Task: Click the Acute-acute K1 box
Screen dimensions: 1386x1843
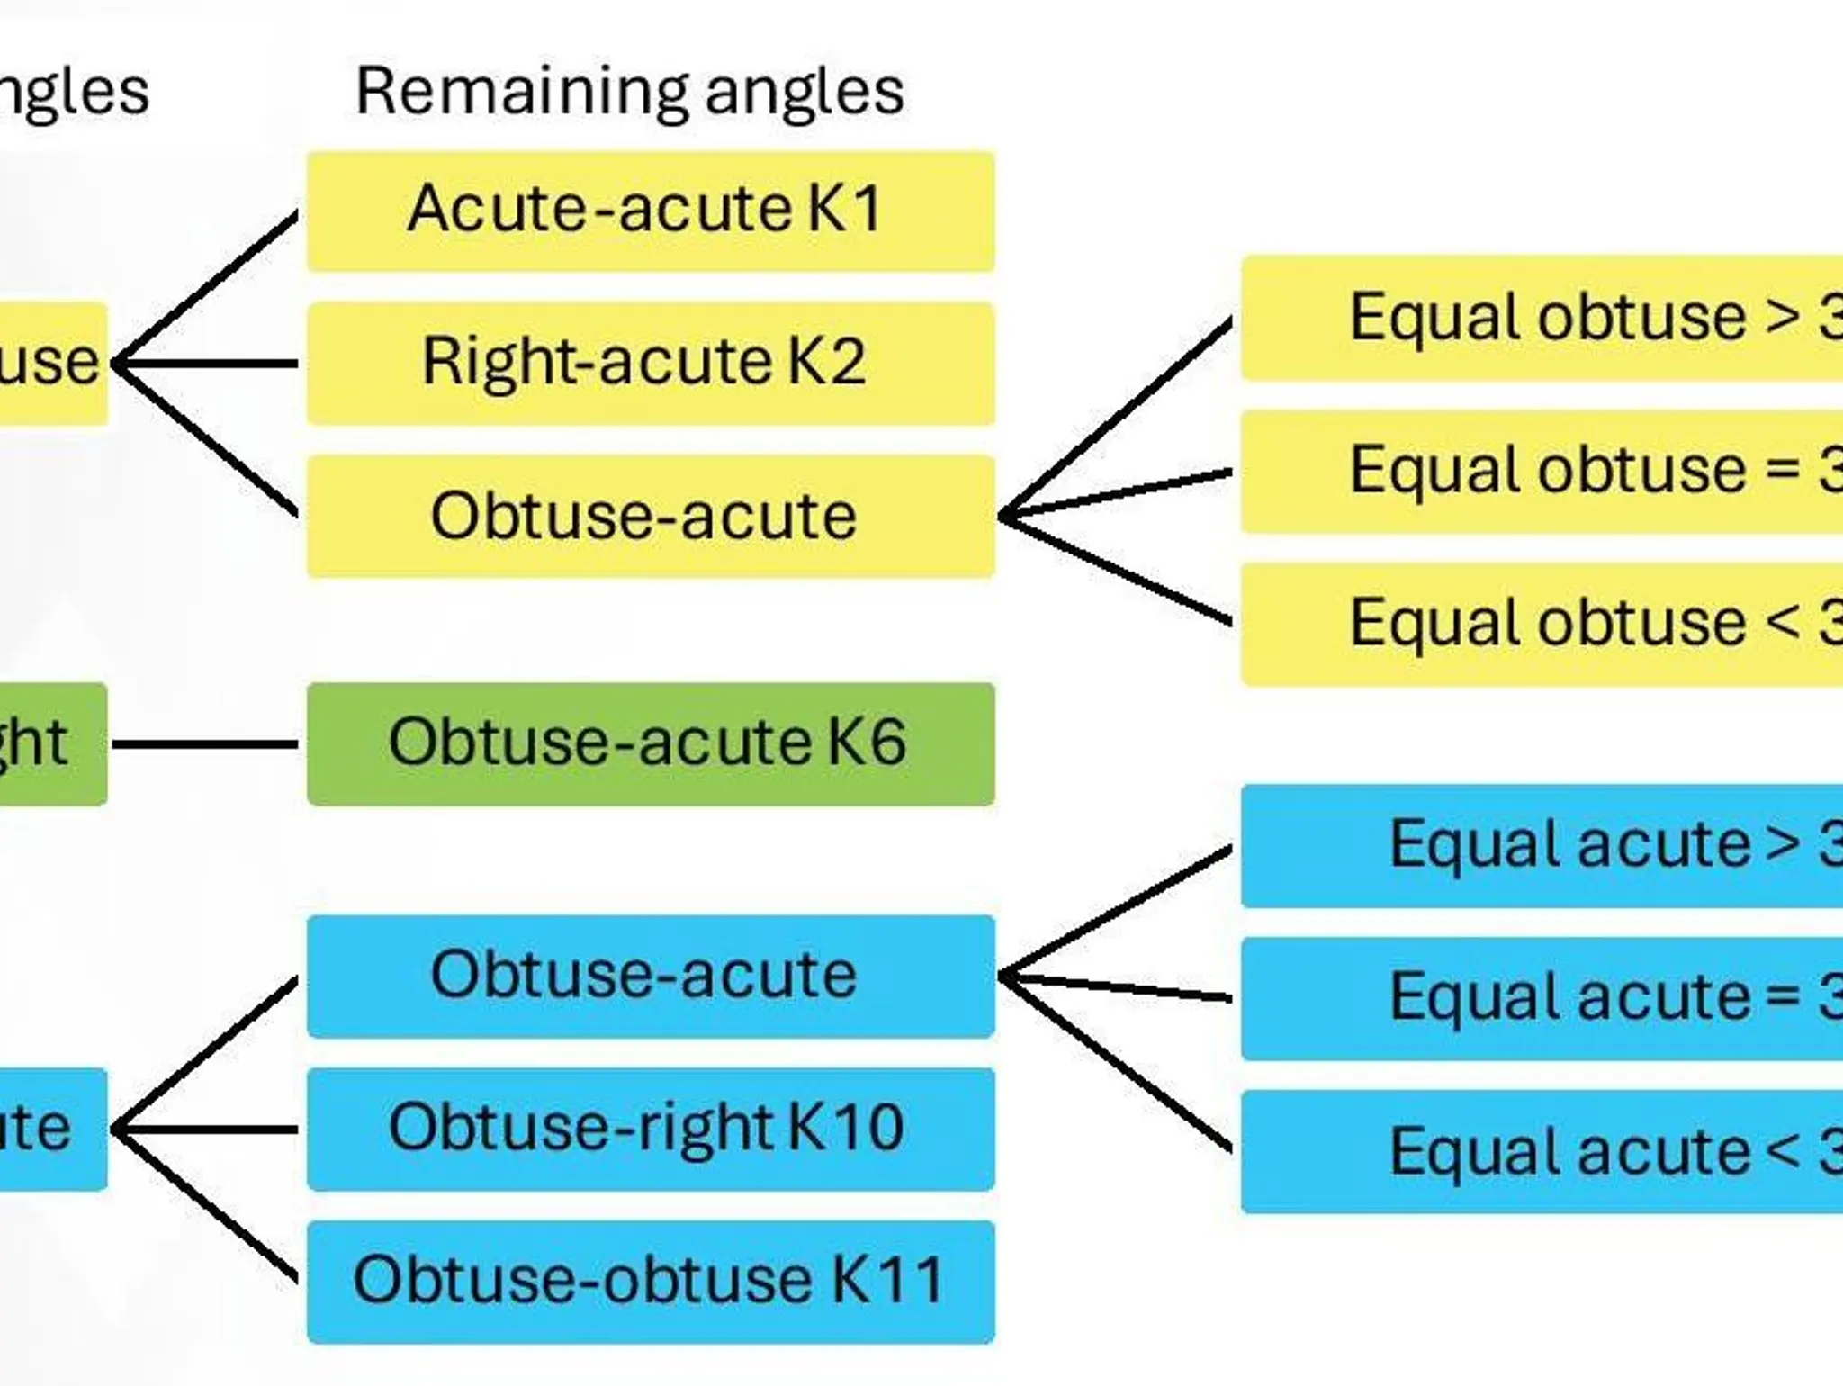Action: point(650,211)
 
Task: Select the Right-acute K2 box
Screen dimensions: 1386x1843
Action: point(650,364)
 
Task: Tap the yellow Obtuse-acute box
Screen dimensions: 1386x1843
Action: point(650,517)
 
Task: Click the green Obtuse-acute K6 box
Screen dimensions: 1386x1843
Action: point(650,743)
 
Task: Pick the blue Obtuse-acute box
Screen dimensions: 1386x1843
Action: point(650,976)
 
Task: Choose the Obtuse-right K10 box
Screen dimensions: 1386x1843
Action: point(650,1129)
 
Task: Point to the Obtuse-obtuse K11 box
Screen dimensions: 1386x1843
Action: point(650,1282)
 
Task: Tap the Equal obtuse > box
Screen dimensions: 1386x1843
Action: point(1541,318)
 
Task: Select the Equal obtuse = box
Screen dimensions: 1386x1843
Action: point(1541,472)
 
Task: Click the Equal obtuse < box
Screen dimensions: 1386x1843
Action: point(1541,625)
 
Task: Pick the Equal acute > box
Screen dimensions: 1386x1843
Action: point(1541,846)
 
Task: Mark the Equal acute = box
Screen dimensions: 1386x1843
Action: point(1541,999)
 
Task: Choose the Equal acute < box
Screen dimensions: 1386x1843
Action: point(1541,1152)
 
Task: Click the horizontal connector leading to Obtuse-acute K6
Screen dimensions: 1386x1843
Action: point(205,744)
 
